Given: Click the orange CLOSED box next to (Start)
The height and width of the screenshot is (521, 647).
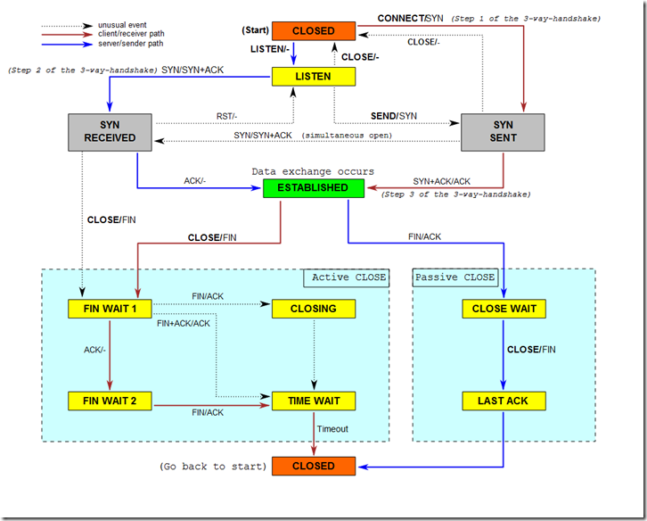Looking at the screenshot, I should (314, 31).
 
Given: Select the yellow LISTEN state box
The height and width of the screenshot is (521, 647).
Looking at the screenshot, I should (314, 77).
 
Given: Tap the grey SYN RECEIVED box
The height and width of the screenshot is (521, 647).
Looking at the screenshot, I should (111, 131).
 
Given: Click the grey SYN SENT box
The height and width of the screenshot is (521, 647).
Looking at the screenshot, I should (504, 131).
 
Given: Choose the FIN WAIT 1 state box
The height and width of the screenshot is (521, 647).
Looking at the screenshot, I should (111, 309).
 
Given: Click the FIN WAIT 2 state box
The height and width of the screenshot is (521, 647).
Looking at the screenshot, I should (111, 401).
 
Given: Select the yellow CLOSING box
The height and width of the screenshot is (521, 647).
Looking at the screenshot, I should (314, 309).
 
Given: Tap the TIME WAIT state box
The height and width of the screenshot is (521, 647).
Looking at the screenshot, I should (314, 401).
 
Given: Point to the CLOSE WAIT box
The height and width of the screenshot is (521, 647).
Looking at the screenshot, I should (504, 309).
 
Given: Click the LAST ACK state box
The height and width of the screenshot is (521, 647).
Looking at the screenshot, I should (504, 401).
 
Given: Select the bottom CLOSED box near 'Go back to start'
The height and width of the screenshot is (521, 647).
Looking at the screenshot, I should (314, 466).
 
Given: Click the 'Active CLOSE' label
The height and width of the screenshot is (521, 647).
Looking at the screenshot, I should (348, 277).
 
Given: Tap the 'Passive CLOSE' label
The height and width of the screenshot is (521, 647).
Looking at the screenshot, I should (455, 277).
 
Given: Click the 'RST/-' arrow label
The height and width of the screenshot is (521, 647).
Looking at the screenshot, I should (228, 116).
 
